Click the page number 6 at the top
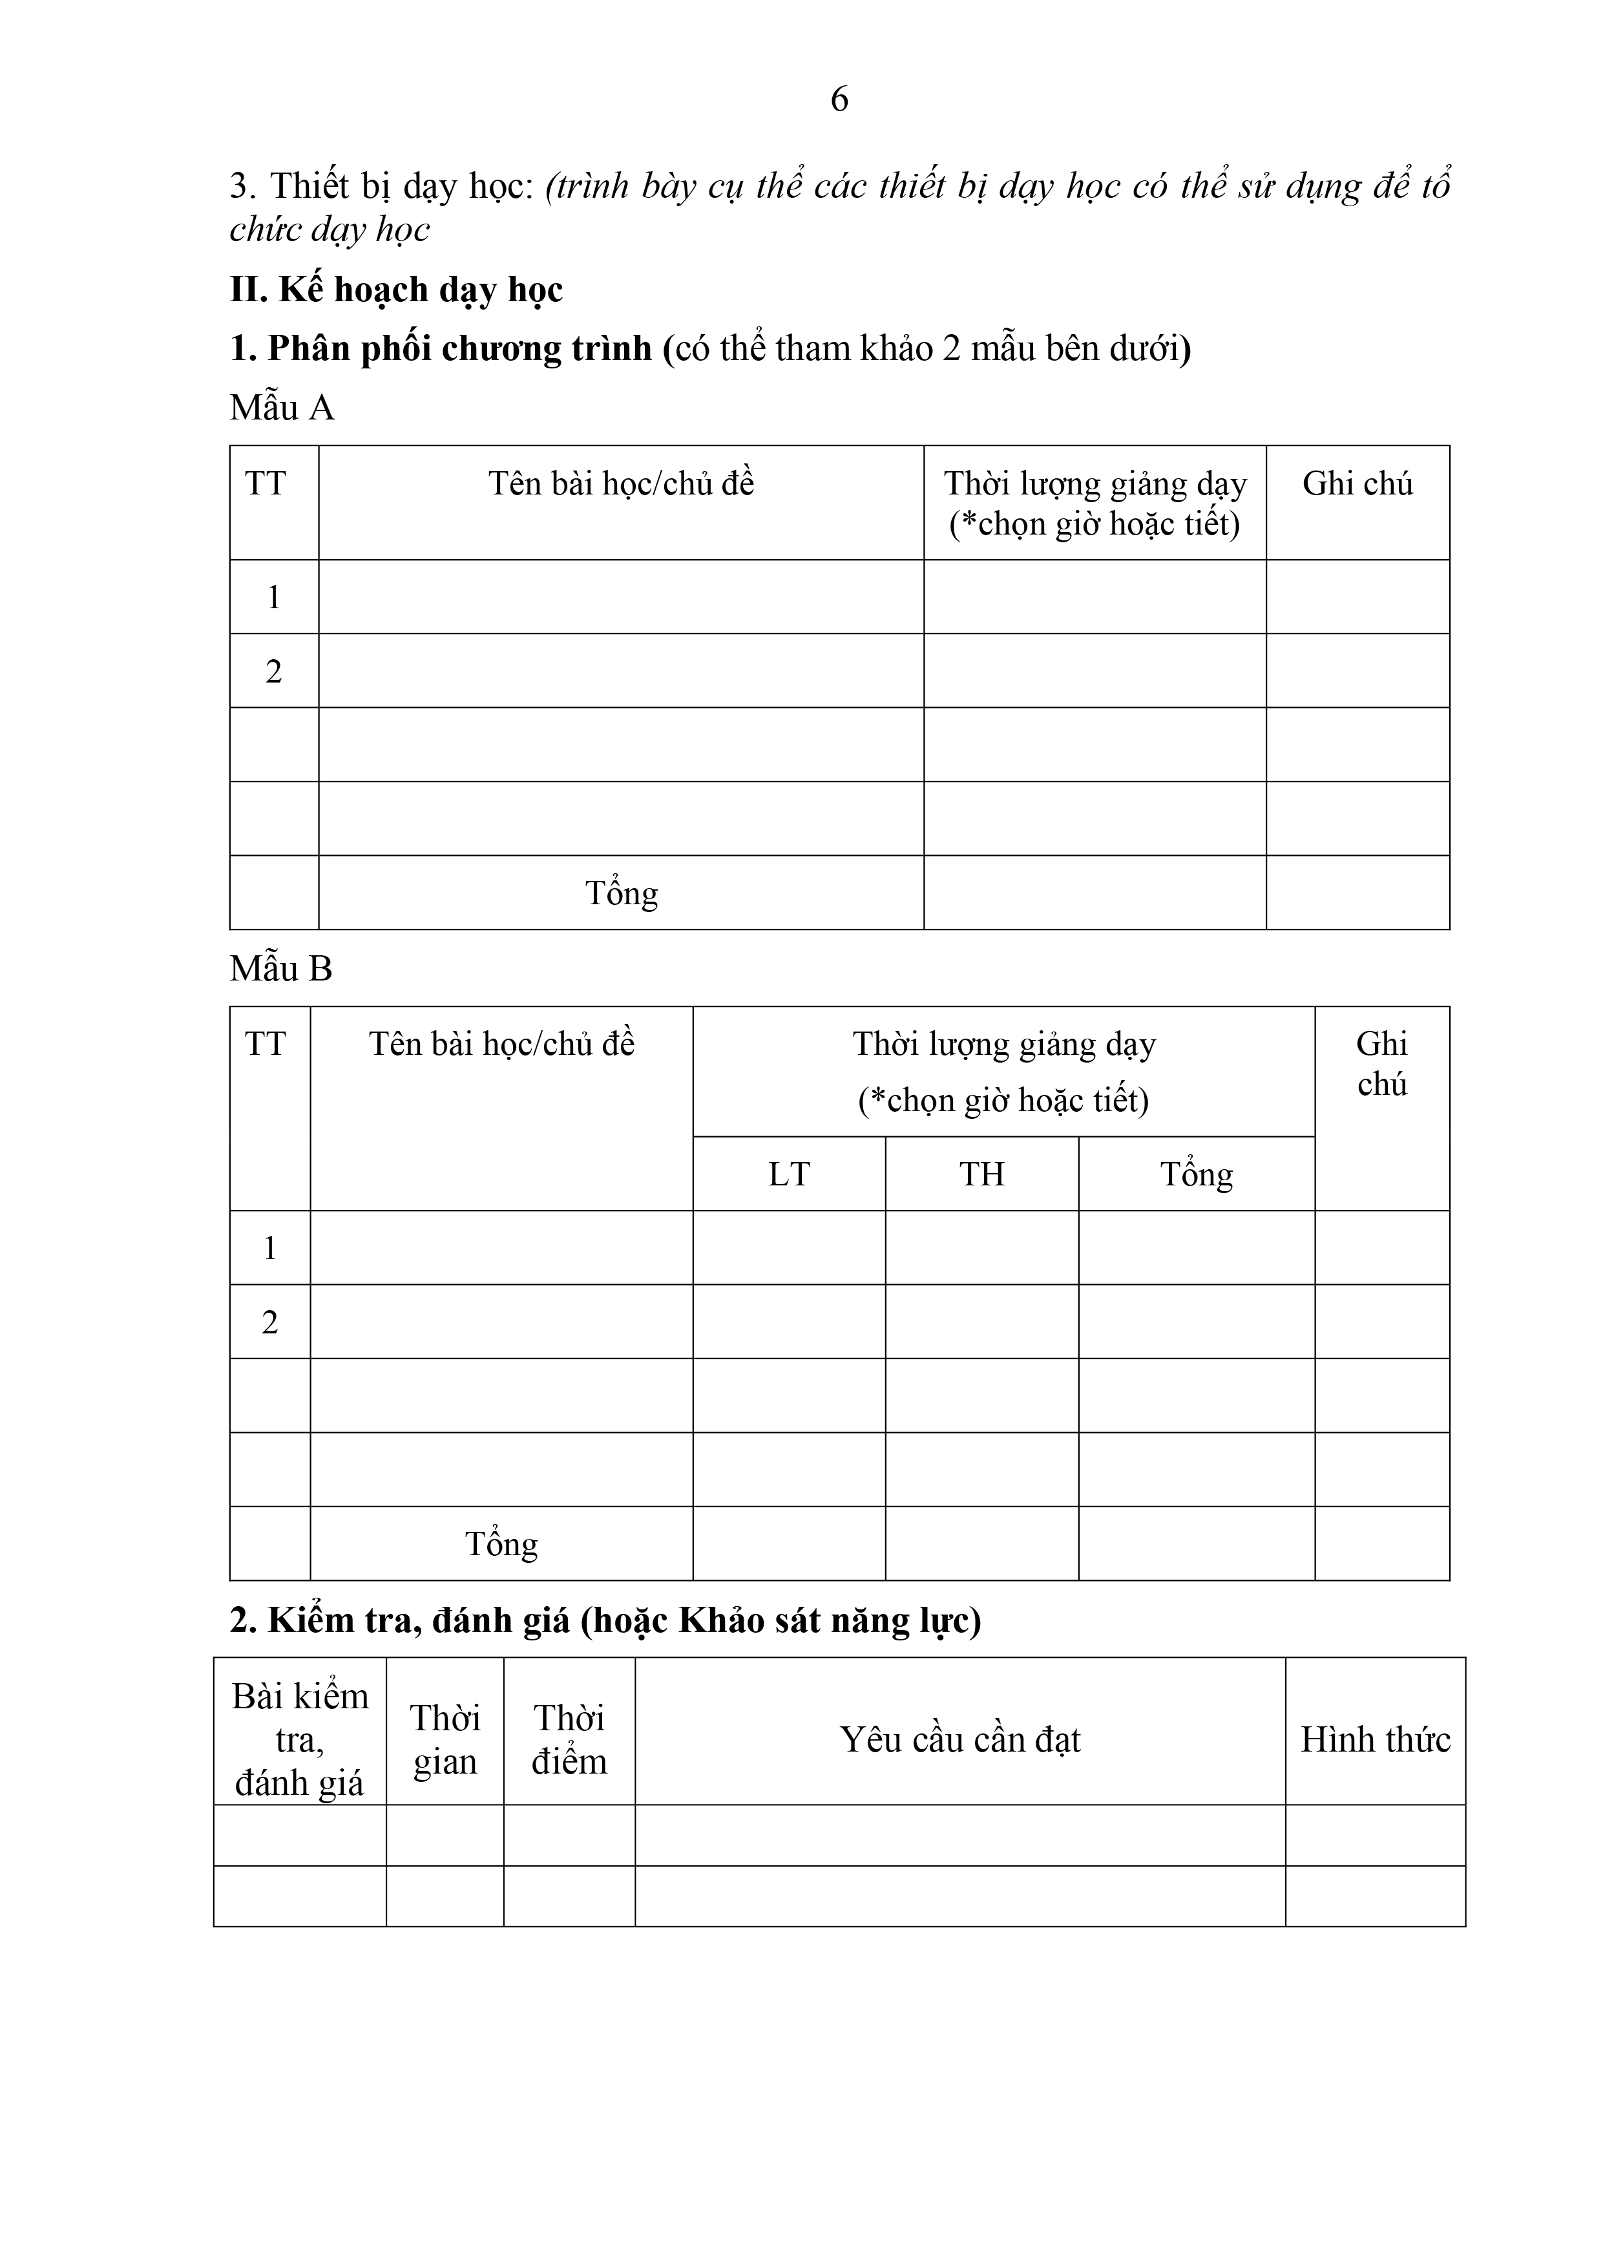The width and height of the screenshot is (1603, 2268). tap(839, 99)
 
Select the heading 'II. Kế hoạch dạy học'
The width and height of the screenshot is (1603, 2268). tap(396, 290)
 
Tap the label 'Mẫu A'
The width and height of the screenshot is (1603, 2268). tap(282, 407)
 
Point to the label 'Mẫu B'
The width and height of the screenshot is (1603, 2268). tap(280, 968)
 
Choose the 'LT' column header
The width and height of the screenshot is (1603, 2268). tap(788, 1174)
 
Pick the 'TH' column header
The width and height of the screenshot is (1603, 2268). tap(981, 1174)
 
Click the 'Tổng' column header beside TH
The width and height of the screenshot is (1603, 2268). tap(1196, 1174)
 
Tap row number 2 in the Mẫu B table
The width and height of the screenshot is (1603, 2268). tap(269, 1322)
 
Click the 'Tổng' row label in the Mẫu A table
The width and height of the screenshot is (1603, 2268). tap(620, 893)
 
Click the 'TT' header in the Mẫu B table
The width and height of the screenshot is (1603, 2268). tap(265, 1044)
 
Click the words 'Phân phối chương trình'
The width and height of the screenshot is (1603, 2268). tap(459, 348)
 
